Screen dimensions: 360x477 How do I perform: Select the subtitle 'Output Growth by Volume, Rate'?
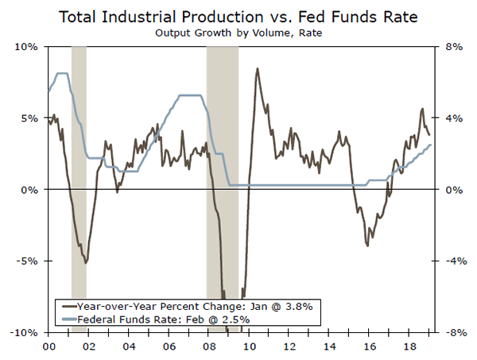(x=238, y=33)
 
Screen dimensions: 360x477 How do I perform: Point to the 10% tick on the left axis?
(x=29, y=47)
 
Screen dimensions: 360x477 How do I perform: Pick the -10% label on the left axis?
(x=27, y=332)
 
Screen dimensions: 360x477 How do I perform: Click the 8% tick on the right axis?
(x=449, y=47)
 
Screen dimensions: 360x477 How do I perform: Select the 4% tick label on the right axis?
(x=449, y=118)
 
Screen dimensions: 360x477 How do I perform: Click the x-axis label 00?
(x=48, y=346)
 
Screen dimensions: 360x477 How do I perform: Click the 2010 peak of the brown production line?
(x=257, y=69)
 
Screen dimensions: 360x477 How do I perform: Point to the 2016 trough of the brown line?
(x=367, y=245)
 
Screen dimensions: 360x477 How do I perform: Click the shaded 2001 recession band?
(x=79, y=159)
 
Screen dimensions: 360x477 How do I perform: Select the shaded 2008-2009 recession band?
(x=223, y=159)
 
